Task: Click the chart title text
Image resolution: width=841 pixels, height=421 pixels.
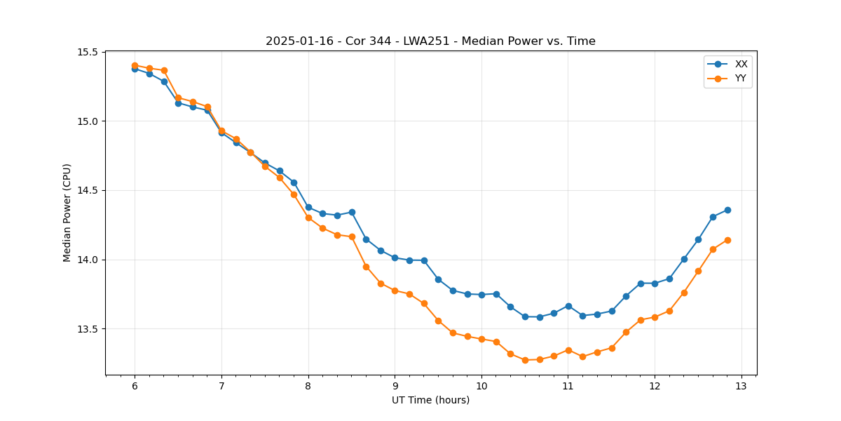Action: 430,41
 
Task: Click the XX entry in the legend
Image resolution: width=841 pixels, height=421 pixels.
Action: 741,64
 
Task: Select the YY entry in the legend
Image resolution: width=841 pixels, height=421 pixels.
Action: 740,79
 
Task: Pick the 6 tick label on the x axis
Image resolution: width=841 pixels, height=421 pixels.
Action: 135,387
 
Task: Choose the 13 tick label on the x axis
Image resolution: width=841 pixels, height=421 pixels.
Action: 741,387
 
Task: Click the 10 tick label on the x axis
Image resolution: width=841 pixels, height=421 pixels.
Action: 481,387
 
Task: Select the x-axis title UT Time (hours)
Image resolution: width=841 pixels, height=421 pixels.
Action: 430,400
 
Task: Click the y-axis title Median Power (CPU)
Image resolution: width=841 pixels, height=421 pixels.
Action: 67,213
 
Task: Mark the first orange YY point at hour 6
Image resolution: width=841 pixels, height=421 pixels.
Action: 135,65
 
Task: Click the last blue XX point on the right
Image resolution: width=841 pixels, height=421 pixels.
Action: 727,210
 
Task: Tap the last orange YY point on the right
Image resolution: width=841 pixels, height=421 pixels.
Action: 727,240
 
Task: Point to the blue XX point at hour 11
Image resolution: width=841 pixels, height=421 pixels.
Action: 568,306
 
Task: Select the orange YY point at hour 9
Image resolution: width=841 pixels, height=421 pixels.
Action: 395,290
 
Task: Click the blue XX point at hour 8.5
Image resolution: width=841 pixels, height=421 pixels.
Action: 352,212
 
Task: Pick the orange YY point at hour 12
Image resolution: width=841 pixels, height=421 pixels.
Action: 655,317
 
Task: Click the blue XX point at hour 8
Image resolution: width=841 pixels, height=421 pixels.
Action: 308,207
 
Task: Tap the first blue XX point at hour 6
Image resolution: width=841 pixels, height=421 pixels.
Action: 135,69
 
